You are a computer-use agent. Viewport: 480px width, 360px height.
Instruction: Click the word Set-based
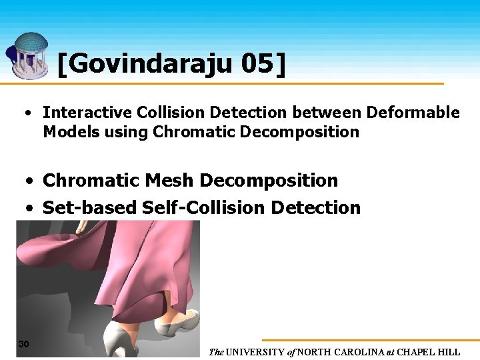90,208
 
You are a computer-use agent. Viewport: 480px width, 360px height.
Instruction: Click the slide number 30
23,344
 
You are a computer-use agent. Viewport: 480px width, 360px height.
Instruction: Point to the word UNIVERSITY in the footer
259,352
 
